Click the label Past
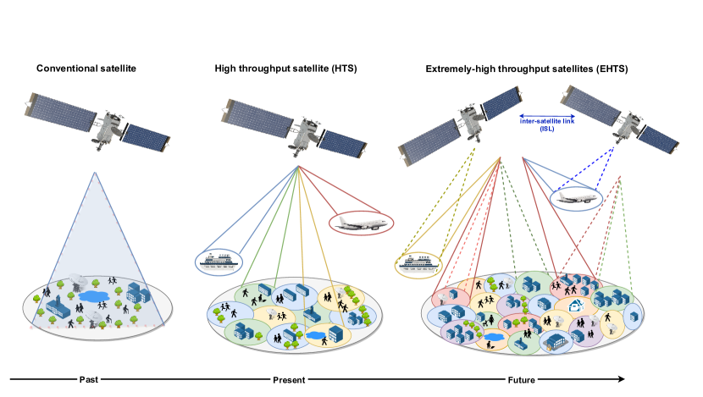point(89,379)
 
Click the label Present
point(289,379)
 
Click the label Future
point(521,379)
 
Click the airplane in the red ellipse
point(361,224)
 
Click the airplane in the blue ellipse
point(577,199)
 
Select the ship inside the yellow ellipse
point(419,264)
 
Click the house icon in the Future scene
point(577,306)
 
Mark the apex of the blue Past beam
point(95,173)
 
